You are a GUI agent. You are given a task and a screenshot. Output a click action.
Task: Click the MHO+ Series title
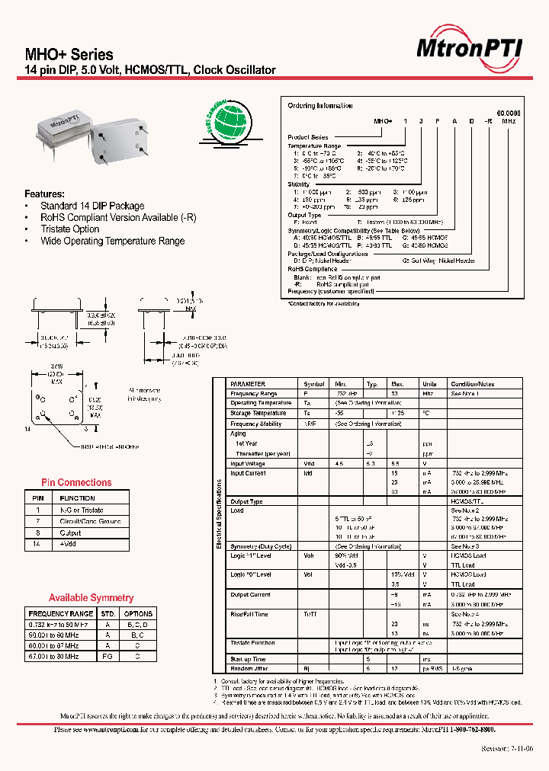pos(69,55)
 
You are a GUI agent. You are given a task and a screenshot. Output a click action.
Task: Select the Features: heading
pos(44,194)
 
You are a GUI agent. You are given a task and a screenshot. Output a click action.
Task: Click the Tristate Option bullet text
pos(70,229)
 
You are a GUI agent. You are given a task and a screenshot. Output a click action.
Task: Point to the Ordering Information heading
pos(320,106)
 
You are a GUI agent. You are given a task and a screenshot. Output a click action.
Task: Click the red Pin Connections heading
pos(76,482)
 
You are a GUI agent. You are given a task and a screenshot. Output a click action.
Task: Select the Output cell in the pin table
pos(70,533)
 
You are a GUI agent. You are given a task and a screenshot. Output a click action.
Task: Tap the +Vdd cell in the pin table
pos(69,545)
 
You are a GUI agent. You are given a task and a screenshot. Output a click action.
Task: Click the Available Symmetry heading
pos(91,598)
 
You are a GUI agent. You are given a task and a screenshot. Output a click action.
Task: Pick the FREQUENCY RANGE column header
pos(60,613)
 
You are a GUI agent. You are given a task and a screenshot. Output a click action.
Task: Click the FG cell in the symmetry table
pos(108,655)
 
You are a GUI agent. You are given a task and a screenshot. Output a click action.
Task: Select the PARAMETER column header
pos(248,384)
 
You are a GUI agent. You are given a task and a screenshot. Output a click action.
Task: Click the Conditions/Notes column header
pos(473,384)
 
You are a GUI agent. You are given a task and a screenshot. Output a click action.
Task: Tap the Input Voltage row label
pos(248,463)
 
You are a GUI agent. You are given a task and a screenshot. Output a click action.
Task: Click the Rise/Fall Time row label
pos(249,614)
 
